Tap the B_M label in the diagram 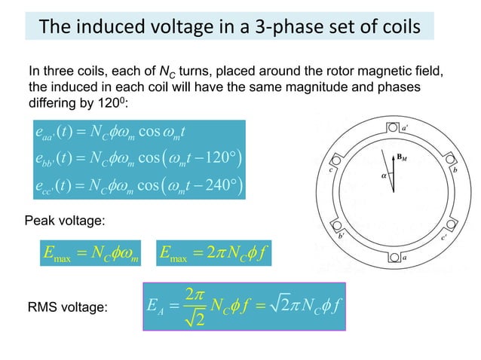coord(404,157)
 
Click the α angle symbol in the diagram coord(384,175)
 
